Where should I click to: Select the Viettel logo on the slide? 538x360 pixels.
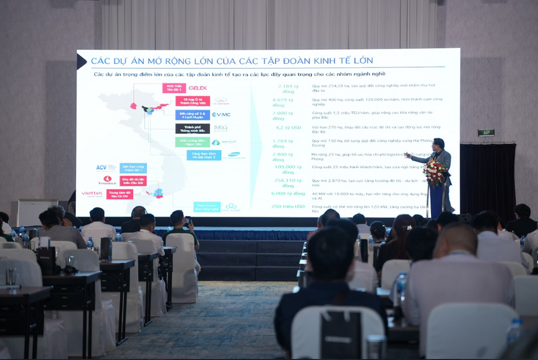pyautogui.click(x=91, y=194)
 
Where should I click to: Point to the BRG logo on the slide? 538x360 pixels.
pyautogui.click(x=221, y=128)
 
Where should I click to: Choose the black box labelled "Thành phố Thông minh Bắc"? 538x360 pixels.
pyautogui.click(x=192, y=128)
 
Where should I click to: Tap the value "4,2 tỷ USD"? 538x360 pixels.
pyautogui.click(x=289, y=127)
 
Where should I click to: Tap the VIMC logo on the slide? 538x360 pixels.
pyautogui.click(x=221, y=114)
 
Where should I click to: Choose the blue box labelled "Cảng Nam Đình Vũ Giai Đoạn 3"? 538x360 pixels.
pyautogui.click(x=204, y=155)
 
